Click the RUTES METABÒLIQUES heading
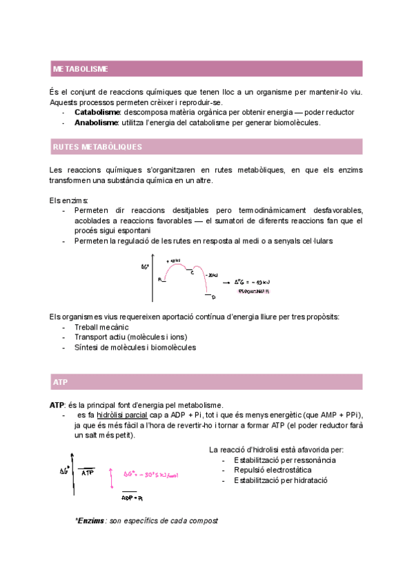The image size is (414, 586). coord(97,147)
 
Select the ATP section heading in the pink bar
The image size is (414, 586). coord(60,381)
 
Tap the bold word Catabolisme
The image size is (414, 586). coord(97,112)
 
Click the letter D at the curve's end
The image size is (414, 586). coord(213,297)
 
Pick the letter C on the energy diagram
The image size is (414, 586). coord(192,273)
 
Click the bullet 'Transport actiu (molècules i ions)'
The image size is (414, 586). coord(130,337)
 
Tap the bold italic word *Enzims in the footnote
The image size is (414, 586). coord(90,520)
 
